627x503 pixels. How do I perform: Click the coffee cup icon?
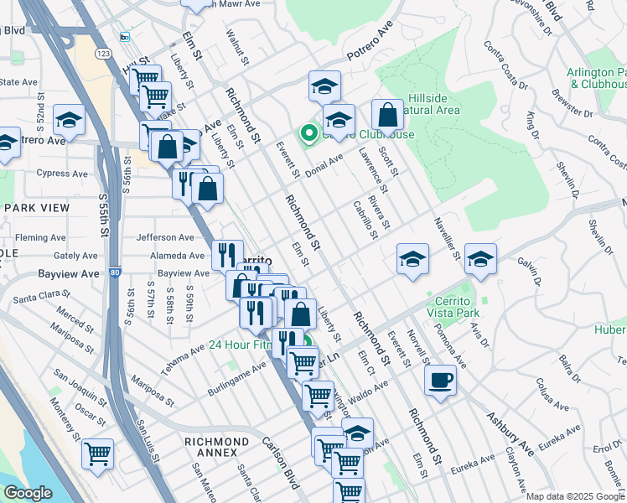pos(440,381)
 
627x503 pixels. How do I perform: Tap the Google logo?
pos(28,494)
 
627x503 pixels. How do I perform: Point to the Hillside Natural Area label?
pos(433,104)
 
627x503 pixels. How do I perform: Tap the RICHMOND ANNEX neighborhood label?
pos(217,447)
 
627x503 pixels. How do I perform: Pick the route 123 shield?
pos(103,54)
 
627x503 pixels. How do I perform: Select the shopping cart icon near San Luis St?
pos(98,454)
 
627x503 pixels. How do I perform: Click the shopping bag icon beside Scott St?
pos(387,115)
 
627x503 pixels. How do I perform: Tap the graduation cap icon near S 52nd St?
pos(69,119)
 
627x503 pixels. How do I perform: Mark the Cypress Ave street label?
pos(61,174)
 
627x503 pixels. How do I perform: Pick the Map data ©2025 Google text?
pos(576,496)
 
